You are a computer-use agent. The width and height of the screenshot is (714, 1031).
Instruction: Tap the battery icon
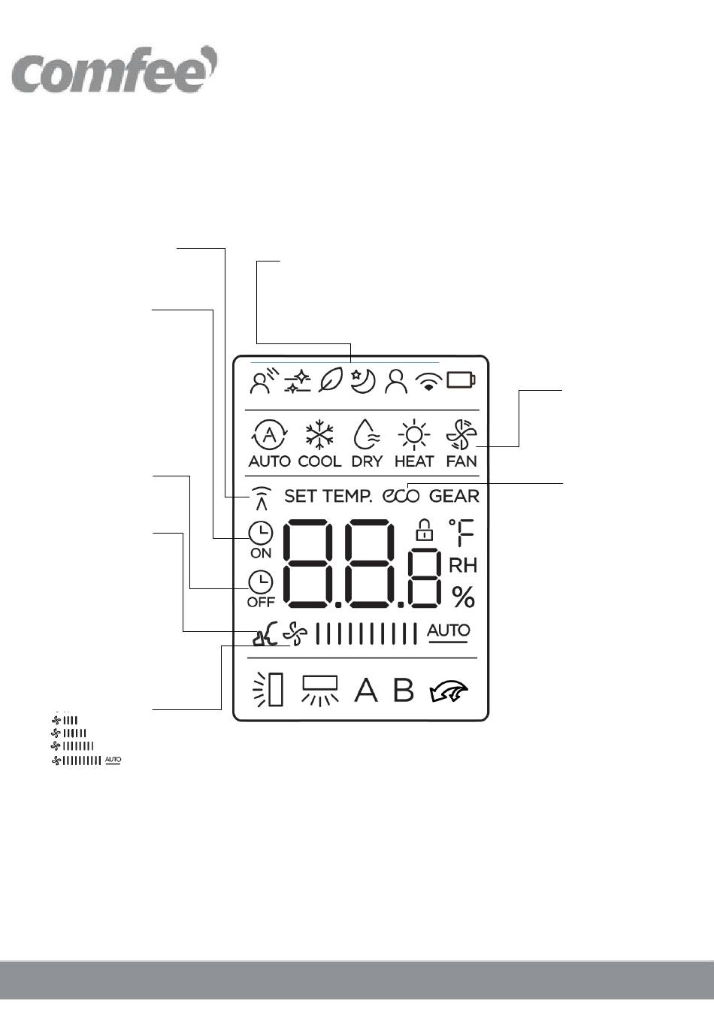460,380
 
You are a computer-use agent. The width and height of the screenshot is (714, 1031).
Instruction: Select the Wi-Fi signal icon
428,382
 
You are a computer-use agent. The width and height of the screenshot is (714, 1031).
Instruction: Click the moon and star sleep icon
363,381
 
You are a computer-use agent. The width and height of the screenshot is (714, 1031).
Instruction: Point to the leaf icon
330,381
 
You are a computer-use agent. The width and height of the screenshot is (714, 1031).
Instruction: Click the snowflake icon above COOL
319,435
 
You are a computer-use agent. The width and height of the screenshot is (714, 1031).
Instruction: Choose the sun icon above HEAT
413,435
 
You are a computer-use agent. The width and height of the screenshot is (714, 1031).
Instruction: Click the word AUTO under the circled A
269,461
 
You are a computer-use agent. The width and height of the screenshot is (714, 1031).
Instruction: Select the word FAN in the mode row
461,461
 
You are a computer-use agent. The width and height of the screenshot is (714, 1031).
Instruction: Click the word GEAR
454,496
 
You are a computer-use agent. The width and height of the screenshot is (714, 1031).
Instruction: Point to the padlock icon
425,530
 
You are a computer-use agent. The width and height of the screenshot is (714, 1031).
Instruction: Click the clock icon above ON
261,534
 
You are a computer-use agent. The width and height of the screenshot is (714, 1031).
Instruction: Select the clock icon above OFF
261,582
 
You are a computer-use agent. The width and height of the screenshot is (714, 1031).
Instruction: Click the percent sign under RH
463,597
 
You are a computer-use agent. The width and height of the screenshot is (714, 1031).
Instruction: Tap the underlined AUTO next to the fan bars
449,631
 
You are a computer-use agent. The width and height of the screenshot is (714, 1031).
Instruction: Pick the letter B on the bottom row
404,690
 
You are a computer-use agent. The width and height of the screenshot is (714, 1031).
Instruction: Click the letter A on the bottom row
366,690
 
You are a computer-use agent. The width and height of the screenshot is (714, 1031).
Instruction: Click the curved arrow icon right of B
448,691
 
